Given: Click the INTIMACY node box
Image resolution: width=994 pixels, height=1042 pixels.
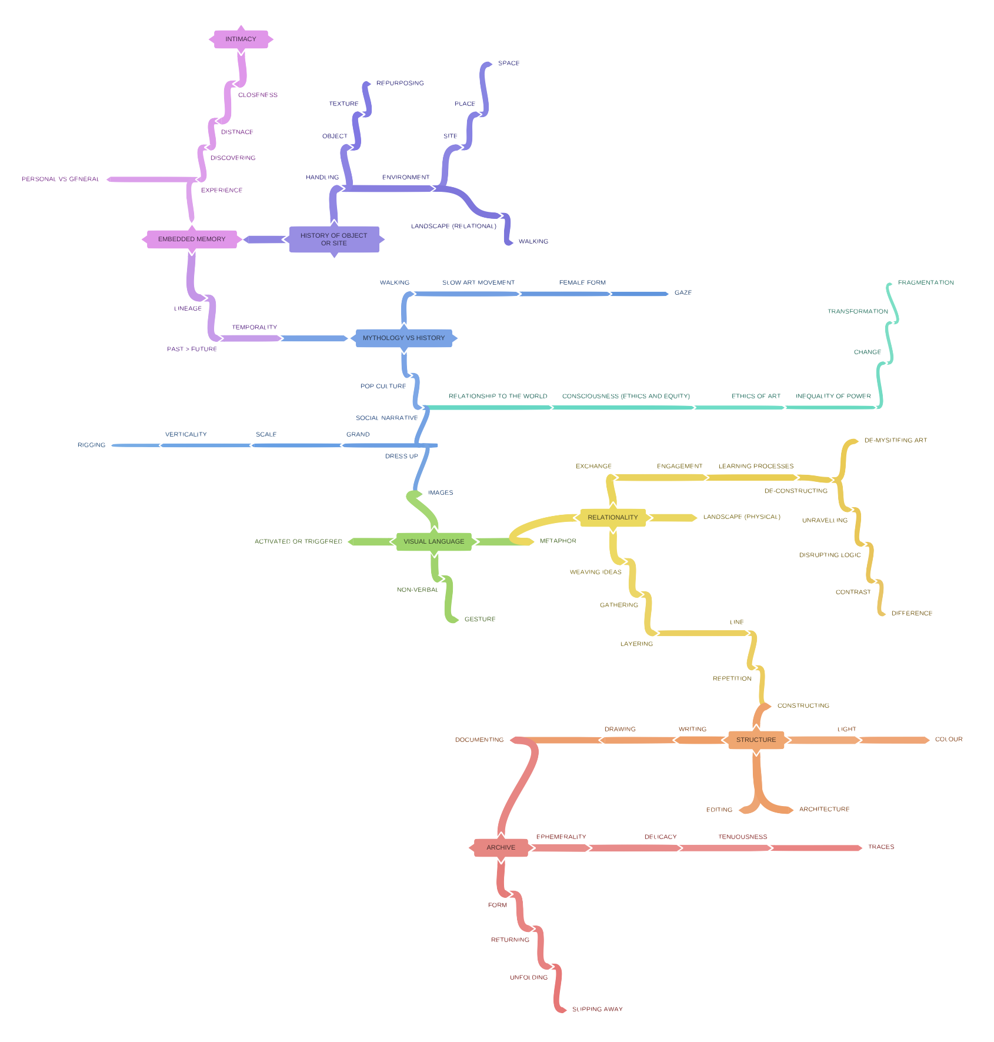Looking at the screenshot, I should (x=241, y=39).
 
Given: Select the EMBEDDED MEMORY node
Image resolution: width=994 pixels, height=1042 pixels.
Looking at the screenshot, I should (x=192, y=239).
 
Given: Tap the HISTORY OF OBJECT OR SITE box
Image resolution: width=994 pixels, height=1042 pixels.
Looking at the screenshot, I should (x=334, y=239).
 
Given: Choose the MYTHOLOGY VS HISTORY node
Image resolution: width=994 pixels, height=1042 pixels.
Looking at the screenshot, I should (x=403, y=338).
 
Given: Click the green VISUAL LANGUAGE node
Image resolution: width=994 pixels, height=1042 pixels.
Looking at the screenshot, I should (x=433, y=541).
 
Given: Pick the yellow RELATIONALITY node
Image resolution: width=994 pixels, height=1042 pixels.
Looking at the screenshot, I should (x=612, y=518).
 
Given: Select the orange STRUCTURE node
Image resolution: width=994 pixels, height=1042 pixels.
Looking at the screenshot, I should (x=756, y=740).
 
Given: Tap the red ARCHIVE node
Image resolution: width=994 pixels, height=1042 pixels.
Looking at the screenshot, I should (x=501, y=848).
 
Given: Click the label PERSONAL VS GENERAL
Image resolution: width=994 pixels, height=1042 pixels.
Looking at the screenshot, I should (x=60, y=179).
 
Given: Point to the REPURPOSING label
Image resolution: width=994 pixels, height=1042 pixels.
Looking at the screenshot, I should (x=400, y=84).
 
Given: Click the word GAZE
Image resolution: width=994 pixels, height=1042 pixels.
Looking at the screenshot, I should (x=683, y=292).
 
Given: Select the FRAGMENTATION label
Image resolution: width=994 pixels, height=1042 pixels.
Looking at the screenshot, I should (x=926, y=282).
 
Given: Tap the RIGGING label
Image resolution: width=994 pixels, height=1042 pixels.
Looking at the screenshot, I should (x=91, y=445).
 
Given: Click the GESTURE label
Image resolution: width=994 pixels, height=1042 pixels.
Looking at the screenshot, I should (x=480, y=619).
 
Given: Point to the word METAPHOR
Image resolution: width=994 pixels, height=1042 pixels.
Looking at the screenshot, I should (x=558, y=541).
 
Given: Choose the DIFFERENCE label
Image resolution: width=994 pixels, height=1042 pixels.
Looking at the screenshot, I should (x=912, y=613).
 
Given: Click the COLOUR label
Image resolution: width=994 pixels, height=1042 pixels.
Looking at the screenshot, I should (x=949, y=739).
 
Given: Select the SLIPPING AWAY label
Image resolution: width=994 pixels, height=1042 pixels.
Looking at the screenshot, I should (x=597, y=1009).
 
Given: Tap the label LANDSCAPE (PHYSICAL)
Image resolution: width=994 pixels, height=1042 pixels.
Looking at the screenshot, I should (x=741, y=517).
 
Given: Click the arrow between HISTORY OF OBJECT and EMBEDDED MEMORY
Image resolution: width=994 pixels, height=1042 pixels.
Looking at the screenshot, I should (x=265, y=239).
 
